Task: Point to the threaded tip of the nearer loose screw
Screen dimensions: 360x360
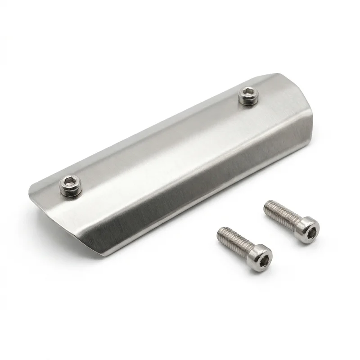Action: click(221, 232)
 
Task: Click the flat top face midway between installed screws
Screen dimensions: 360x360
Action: click(157, 139)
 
